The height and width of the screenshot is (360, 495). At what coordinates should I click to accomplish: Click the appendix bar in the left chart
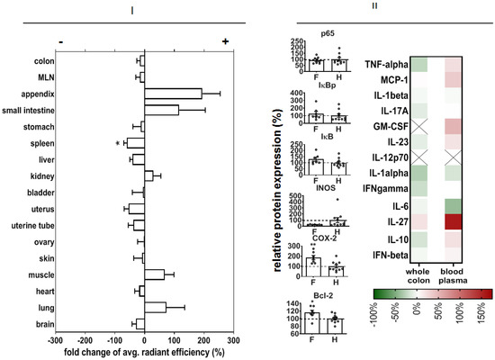(173, 94)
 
